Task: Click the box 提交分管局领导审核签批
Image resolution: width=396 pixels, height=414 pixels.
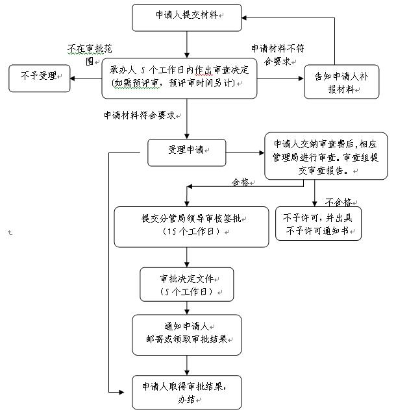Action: [x=191, y=226]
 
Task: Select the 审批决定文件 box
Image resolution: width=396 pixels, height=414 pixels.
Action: [x=187, y=286]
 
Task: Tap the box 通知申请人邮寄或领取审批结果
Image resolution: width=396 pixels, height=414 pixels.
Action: [x=186, y=334]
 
